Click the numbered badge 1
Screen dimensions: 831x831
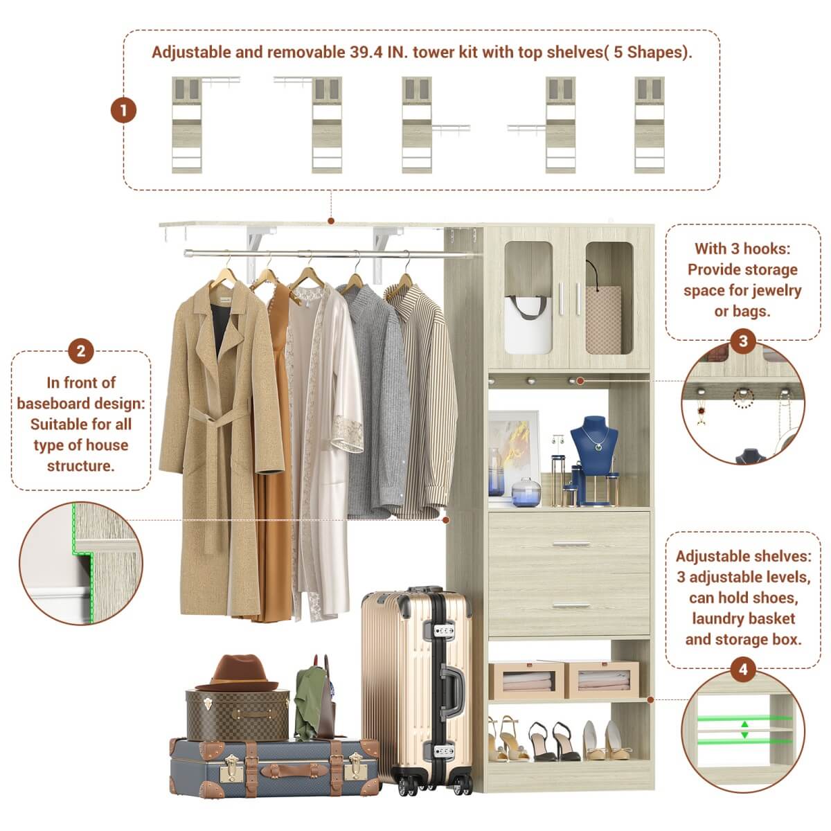124,110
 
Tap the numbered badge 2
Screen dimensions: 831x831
80,351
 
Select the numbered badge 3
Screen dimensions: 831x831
743,341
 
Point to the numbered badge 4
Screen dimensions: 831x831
743,670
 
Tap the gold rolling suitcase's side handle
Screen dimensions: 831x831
454,692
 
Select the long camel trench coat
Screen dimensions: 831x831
215,415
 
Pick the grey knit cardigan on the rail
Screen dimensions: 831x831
377,402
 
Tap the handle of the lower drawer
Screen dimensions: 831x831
569,605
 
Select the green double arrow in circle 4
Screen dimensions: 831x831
744,729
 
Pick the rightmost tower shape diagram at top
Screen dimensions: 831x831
650,125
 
